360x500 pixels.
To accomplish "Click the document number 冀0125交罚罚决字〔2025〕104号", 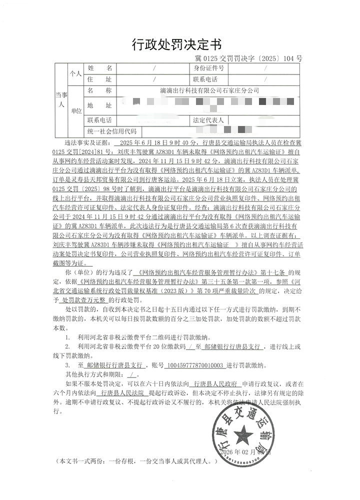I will pos(248,58).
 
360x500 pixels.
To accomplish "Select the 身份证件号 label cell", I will pos(208,67).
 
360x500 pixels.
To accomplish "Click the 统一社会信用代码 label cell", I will pos(111,131).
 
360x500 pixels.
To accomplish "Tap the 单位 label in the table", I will pos(75,111).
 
